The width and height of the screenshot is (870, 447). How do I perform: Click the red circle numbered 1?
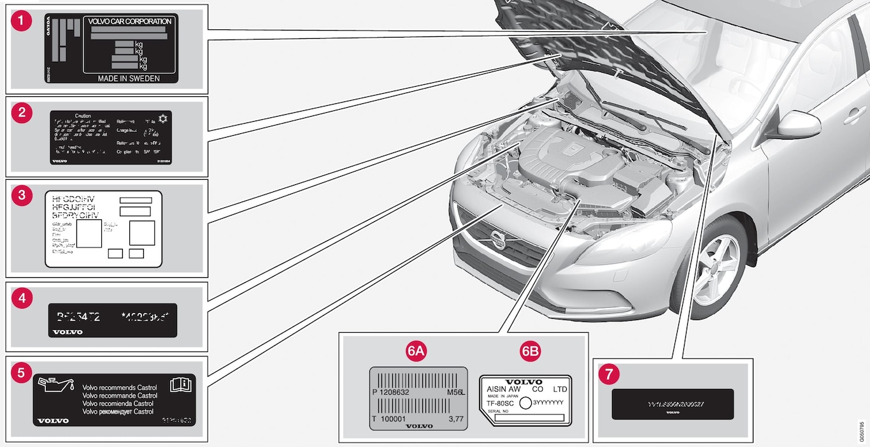[22, 20]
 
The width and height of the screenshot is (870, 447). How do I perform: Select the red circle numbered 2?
[22, 113]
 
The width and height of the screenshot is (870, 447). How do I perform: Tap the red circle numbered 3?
[22, 196]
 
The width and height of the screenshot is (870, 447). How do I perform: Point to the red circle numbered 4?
[22, 297]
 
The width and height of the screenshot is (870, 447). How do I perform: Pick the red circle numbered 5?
[22, 372]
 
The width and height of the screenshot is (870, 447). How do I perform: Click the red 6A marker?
[416, 350]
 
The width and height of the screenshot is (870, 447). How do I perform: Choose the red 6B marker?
[529, 350]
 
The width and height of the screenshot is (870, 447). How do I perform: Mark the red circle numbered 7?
[610, 374]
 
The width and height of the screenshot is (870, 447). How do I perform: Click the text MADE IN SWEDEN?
[129, 78]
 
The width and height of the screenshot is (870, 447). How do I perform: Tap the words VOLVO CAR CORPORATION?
[130, 22]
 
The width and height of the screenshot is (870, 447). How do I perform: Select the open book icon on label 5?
[181, 385]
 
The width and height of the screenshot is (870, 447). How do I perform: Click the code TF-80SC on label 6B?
[501, 403]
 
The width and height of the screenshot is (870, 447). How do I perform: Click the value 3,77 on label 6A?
[456, 419]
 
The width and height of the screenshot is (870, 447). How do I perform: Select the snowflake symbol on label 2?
[164, 119]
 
